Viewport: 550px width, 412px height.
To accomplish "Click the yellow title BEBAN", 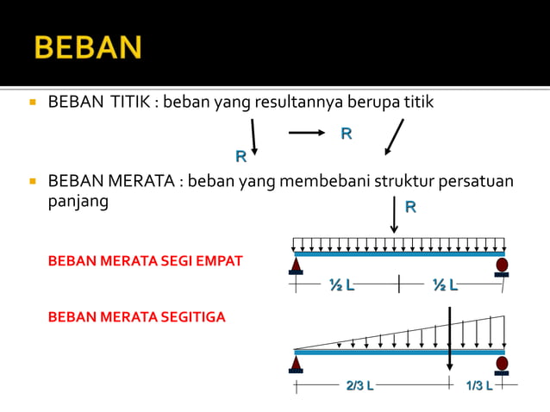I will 88,46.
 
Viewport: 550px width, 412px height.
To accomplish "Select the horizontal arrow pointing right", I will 306,133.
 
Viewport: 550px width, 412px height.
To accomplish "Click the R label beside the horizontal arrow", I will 346,134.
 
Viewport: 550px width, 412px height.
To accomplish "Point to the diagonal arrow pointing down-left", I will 394,137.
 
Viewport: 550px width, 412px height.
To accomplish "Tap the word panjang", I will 78,200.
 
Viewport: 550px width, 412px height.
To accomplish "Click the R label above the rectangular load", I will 410,208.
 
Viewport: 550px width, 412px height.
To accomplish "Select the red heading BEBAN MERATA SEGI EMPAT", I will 146,260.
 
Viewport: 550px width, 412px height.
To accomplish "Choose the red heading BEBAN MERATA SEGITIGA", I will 136,317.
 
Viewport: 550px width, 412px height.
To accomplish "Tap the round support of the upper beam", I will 502,265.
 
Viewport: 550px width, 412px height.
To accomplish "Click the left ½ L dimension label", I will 341,285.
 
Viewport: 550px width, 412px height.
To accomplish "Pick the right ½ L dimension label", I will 445,285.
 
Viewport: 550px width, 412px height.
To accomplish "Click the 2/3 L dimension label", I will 359,385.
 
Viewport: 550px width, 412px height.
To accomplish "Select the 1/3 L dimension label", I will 479,385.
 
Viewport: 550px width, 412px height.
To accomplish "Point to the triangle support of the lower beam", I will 296,364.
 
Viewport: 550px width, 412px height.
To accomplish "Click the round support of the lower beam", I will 502,363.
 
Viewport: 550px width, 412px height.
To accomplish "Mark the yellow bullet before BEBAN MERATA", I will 32,182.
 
